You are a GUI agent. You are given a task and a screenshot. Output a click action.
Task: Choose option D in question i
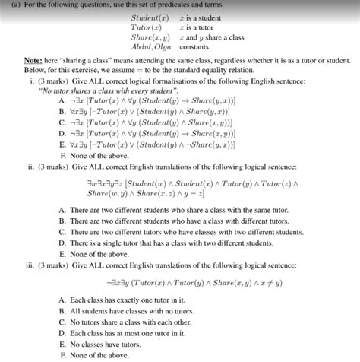click(152, 131)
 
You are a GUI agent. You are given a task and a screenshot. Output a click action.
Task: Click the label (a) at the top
click(8, 5)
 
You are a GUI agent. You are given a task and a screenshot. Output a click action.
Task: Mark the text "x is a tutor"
click(200, 26)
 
